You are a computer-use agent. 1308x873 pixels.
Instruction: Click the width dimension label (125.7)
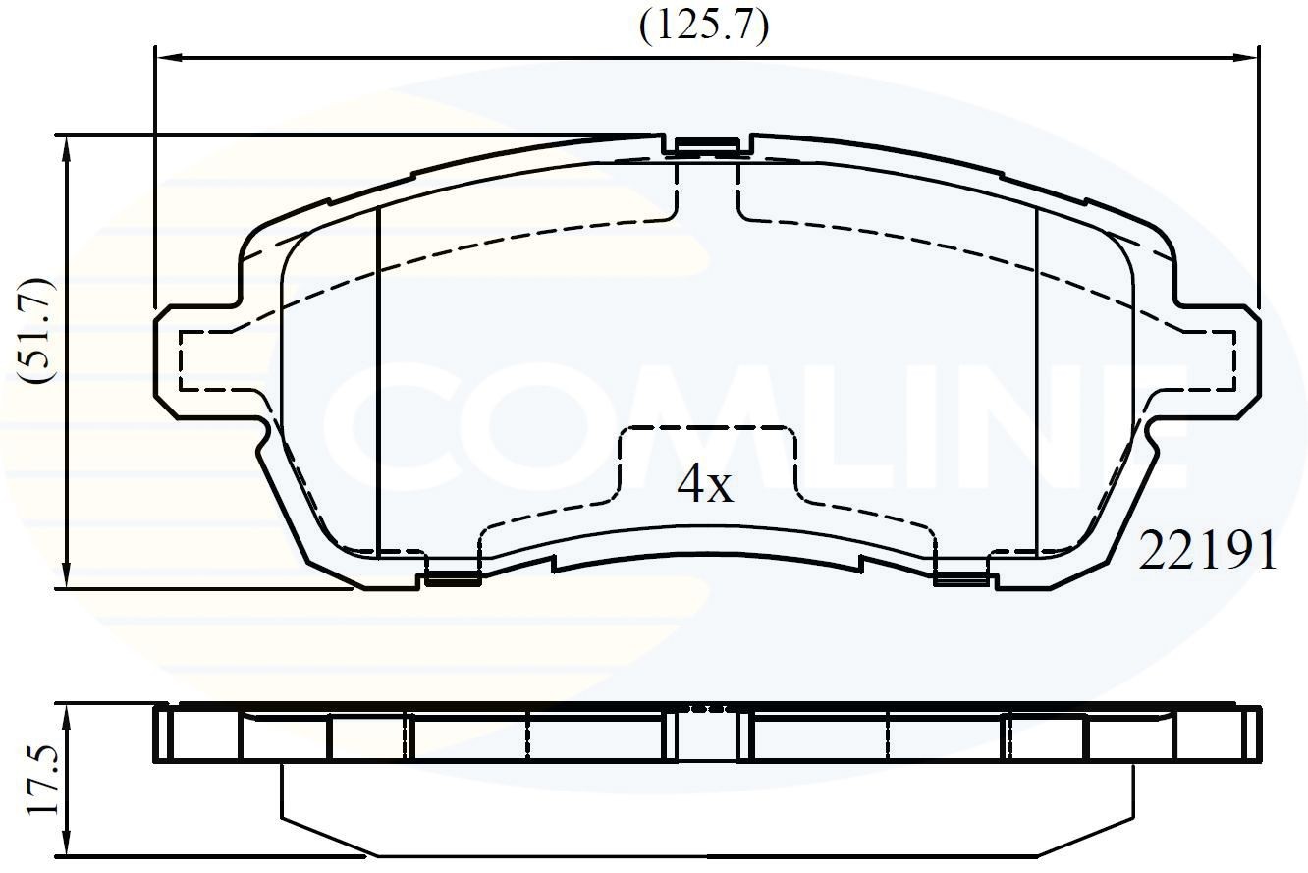[x=703, y=27]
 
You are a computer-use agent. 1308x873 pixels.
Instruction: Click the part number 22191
[x=1208, y=553]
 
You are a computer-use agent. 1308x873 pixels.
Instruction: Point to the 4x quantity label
[x=705, y=485]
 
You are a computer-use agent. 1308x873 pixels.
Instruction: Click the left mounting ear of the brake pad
[x=196, y=359]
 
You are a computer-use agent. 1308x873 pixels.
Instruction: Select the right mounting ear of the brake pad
[x=1216, y=359]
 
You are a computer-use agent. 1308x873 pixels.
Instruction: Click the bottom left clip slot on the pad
[x=452, y=576]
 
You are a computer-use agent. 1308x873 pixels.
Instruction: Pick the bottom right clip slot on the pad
[x=959, y=576]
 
